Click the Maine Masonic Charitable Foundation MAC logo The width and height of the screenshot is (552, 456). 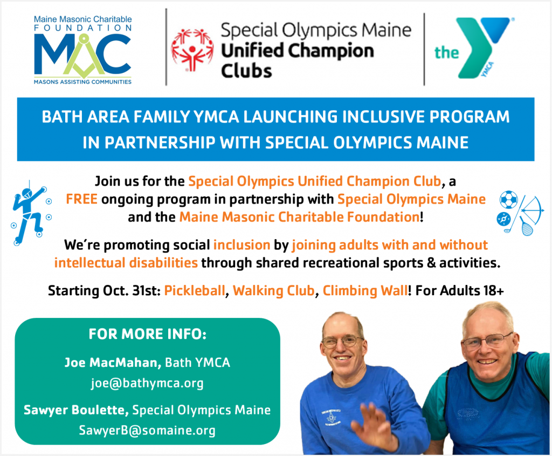click(x=82, y=50)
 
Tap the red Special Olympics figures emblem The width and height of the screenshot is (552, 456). click(x=192, y=50)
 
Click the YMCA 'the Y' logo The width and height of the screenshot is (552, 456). click(x=473, y=47)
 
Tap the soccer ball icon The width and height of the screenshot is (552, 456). click(x=509, y=200)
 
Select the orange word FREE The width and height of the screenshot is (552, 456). click(x=82, y=199)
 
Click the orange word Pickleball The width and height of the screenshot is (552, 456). click(x=194, y=291)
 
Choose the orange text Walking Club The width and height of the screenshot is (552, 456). click(x=273, y=291)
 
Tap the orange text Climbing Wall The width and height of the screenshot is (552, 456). click(x=365, y=291)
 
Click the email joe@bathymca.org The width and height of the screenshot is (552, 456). click(x=147, y=383)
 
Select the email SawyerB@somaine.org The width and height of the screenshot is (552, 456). click(x=147, y=430)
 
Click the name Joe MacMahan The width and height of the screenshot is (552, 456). click(x=111, y=363)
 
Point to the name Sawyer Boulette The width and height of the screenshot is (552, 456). click(x=74, y=410)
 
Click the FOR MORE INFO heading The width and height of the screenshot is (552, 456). click(x=148, y=334)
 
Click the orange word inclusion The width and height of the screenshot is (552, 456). click(x=242, y=245)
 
